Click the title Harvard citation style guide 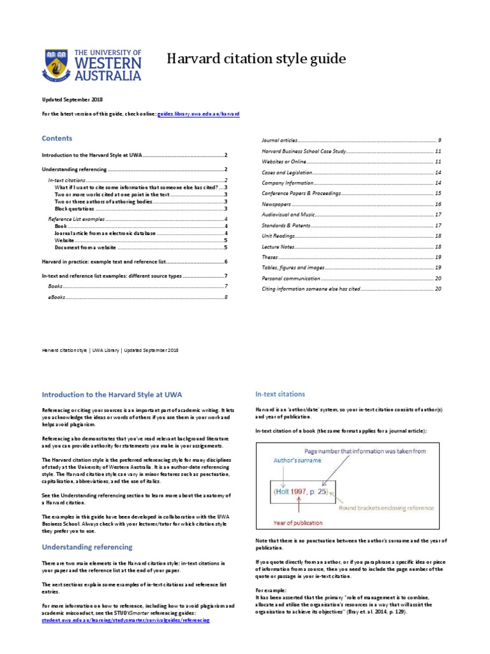256,59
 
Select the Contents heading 57,138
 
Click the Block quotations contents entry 75,209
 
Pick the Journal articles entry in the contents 279,140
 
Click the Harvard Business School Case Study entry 304,151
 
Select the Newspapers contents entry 276,204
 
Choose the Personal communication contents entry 290,278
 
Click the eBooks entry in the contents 56,298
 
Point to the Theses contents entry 271,257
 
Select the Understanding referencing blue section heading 87,547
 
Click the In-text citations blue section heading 280,394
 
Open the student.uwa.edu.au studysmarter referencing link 125,620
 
